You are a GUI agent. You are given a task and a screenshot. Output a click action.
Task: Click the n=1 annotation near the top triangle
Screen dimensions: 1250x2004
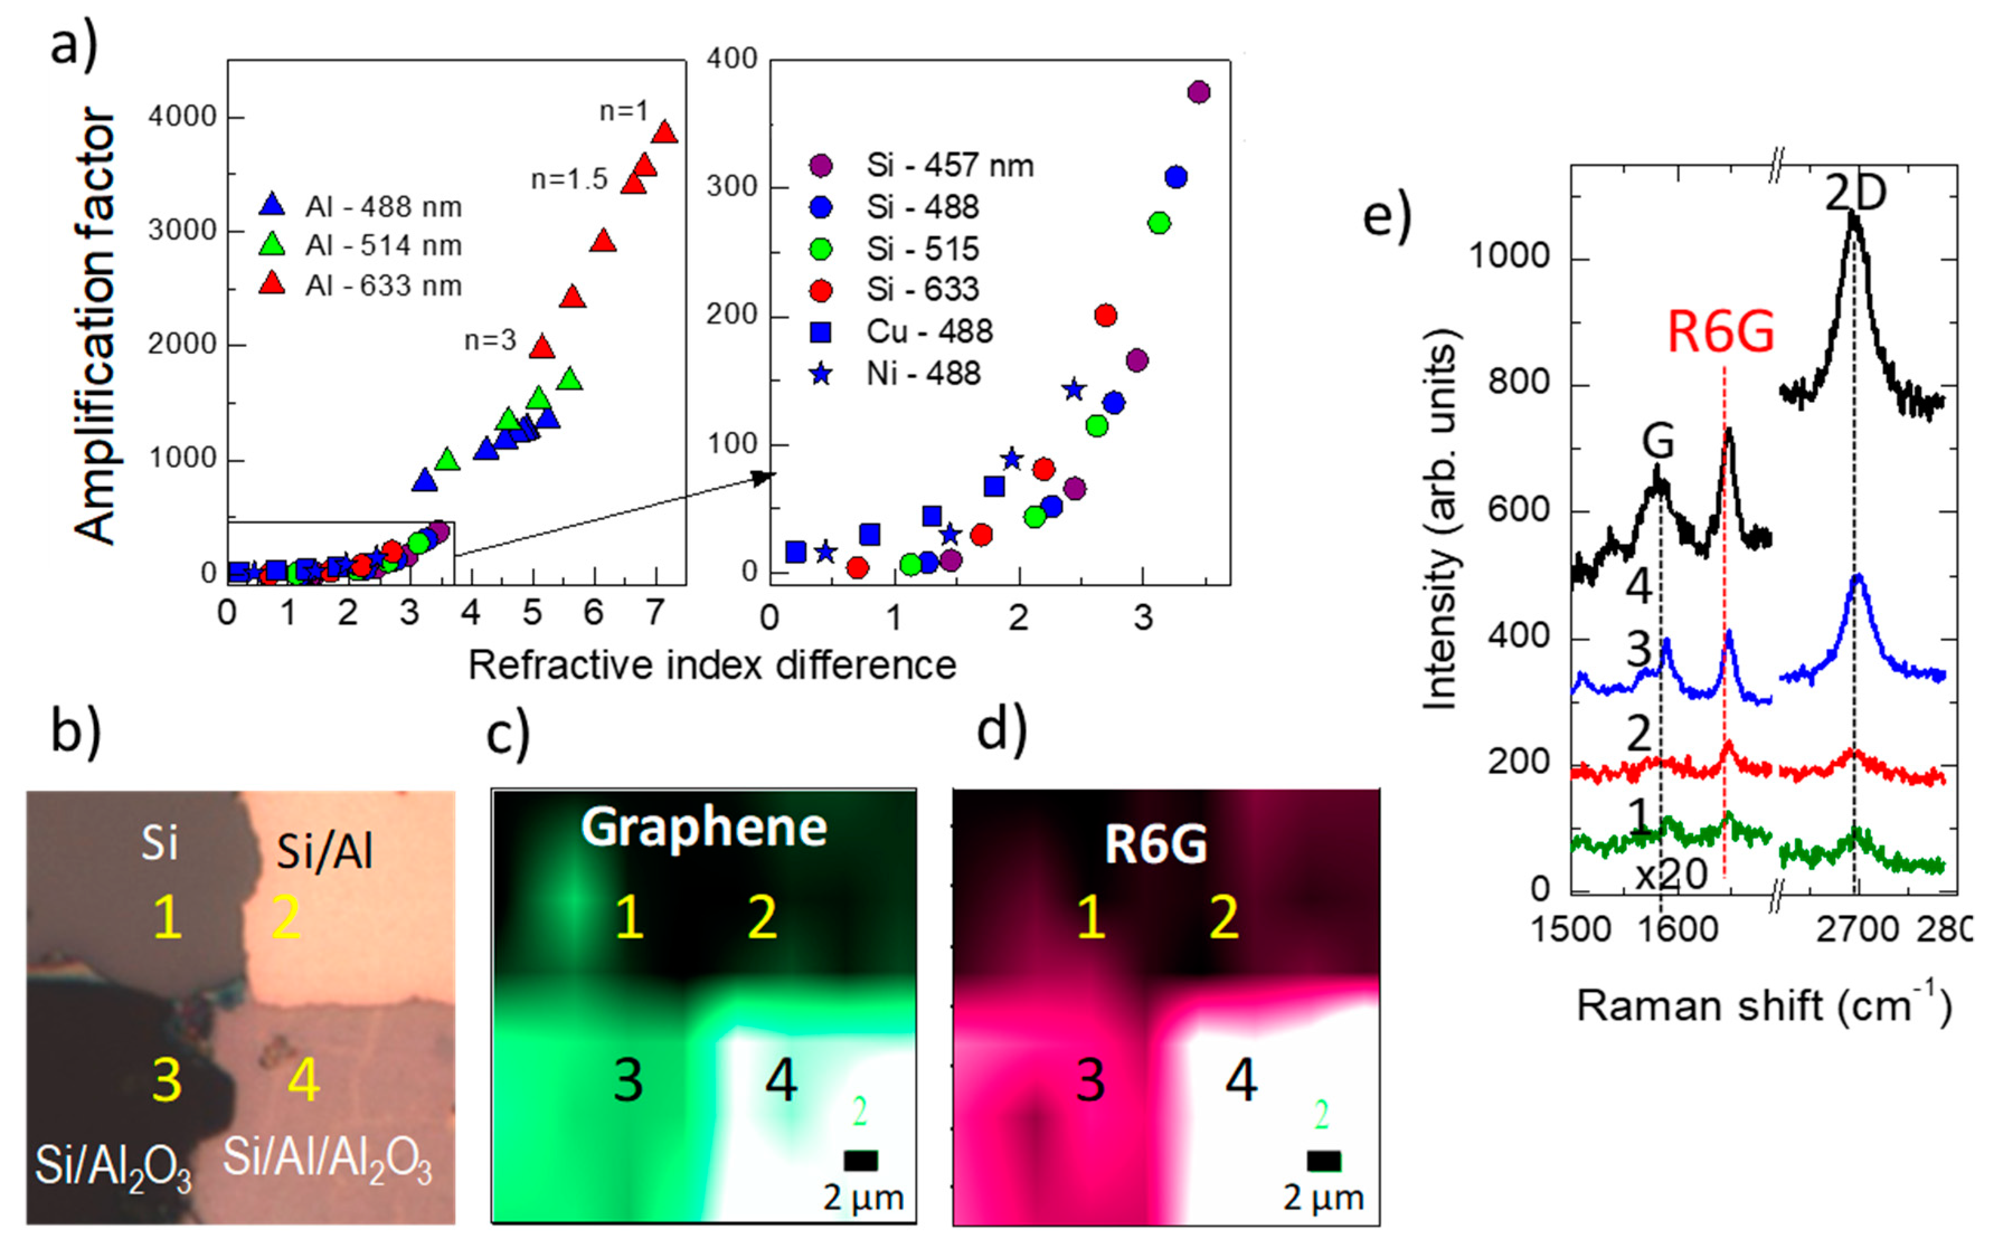tap(623, 111)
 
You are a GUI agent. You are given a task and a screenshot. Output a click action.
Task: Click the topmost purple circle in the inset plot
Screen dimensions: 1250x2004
tap(1198, 92)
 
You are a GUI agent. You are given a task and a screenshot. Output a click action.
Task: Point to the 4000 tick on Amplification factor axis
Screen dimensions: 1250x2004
tap(182, 117)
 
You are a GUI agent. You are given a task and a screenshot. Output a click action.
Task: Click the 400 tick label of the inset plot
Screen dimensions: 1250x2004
tap(732, 58)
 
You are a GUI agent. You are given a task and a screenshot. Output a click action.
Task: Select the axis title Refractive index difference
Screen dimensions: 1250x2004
tap(712, 666)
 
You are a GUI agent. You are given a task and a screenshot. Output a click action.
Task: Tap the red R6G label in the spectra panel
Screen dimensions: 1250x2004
tap(1721, 332)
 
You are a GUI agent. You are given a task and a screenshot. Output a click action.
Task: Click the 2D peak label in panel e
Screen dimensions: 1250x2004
tap(1856, 193)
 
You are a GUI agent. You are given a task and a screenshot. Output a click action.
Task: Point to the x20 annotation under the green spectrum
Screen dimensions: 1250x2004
tap(1671, 874)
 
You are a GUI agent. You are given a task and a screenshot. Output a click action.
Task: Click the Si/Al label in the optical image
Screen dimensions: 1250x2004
tap(324, 852)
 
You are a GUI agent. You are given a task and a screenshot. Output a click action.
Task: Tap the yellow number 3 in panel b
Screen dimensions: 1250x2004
tap(166, 1080)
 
